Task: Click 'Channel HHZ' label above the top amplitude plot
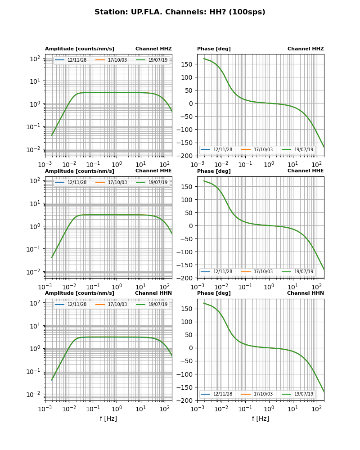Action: [153, 49]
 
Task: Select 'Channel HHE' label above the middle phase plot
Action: [306, 171]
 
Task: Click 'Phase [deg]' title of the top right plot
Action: [214, 49]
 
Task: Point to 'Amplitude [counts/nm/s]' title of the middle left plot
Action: [80, 171]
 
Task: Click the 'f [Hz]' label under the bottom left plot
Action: [108, 418]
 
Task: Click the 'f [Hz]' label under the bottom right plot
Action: [261, 418]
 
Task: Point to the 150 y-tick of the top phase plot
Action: [188, 64]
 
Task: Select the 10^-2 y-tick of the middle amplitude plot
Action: [35, 272]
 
